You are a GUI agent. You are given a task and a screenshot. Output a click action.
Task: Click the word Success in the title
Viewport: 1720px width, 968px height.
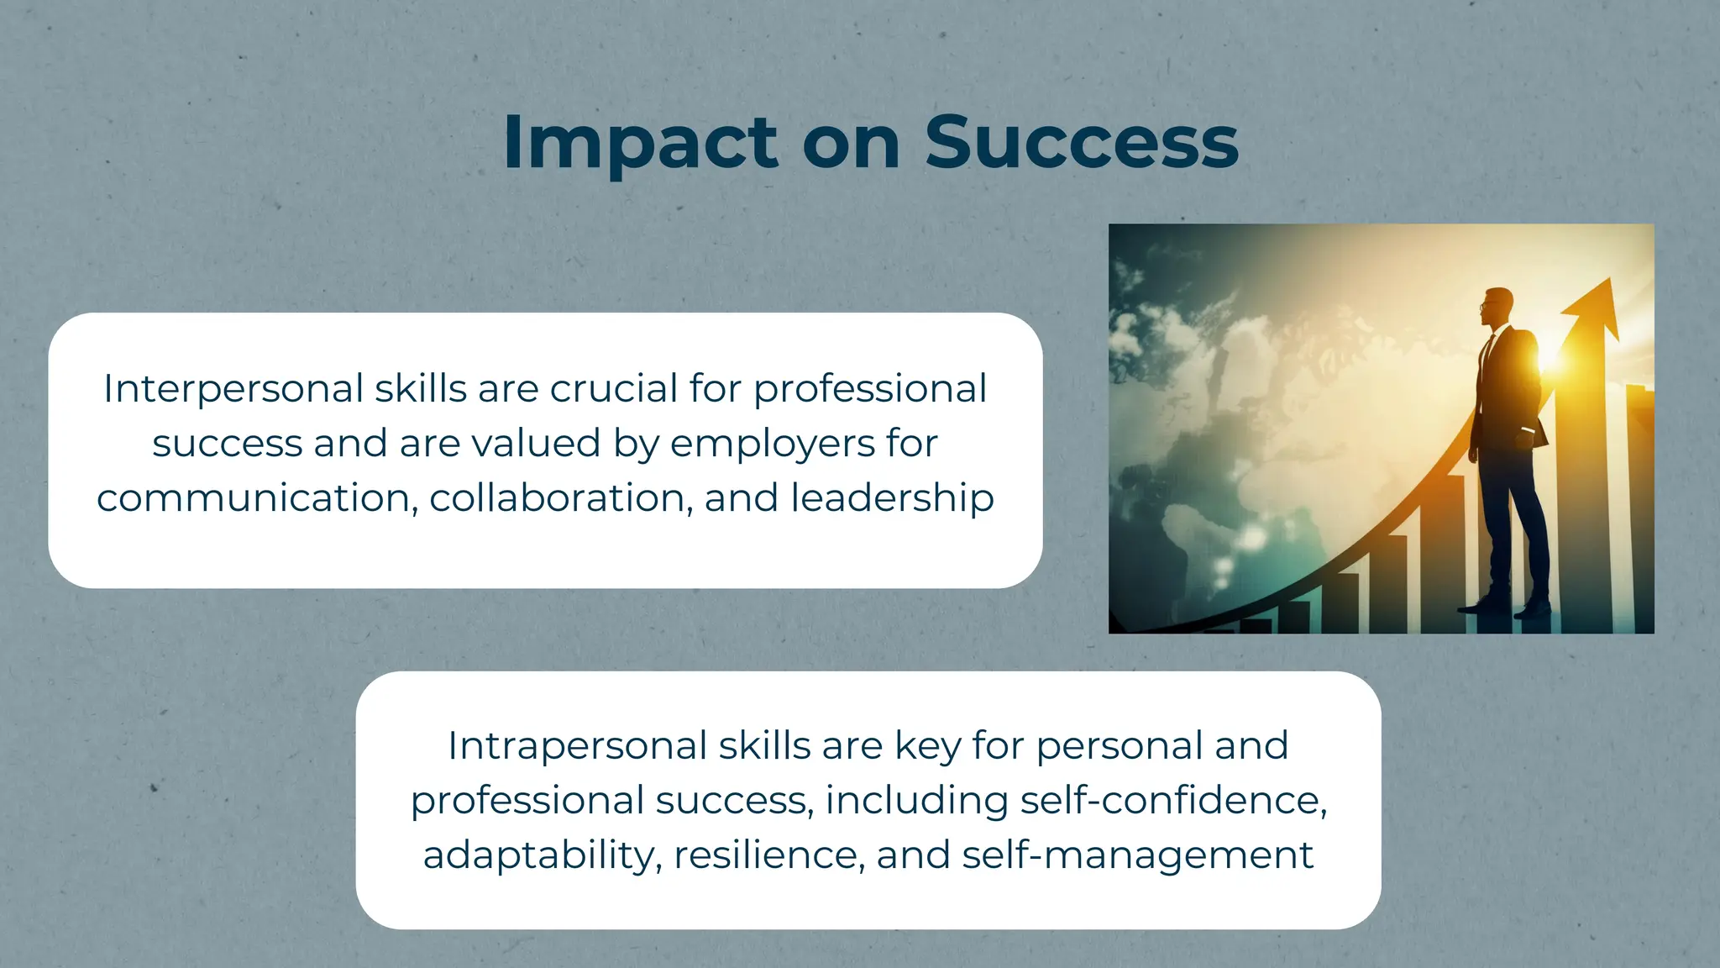(1081, 143)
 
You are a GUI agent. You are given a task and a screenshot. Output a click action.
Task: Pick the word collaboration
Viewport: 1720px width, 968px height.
(561, 497)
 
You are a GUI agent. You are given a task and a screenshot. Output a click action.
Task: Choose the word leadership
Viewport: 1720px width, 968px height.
(892, 497)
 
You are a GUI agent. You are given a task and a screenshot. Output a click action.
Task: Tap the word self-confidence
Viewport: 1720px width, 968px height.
(1173, 800)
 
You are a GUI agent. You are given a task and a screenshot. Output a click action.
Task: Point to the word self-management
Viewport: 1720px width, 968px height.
(1137, 855)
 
